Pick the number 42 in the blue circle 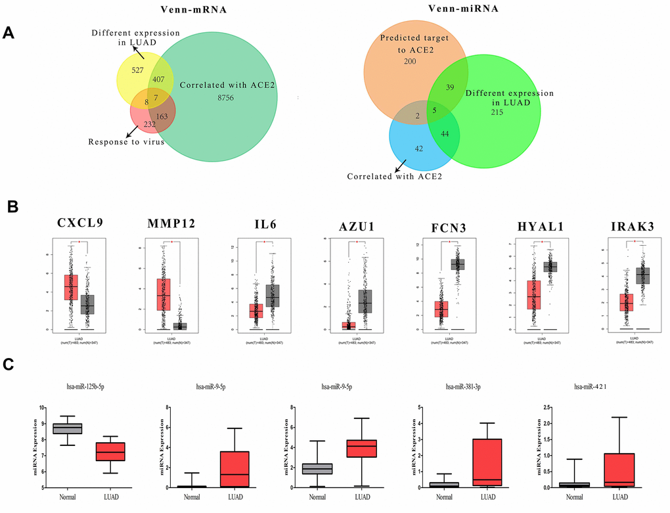419,149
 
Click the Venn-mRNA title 190,10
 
